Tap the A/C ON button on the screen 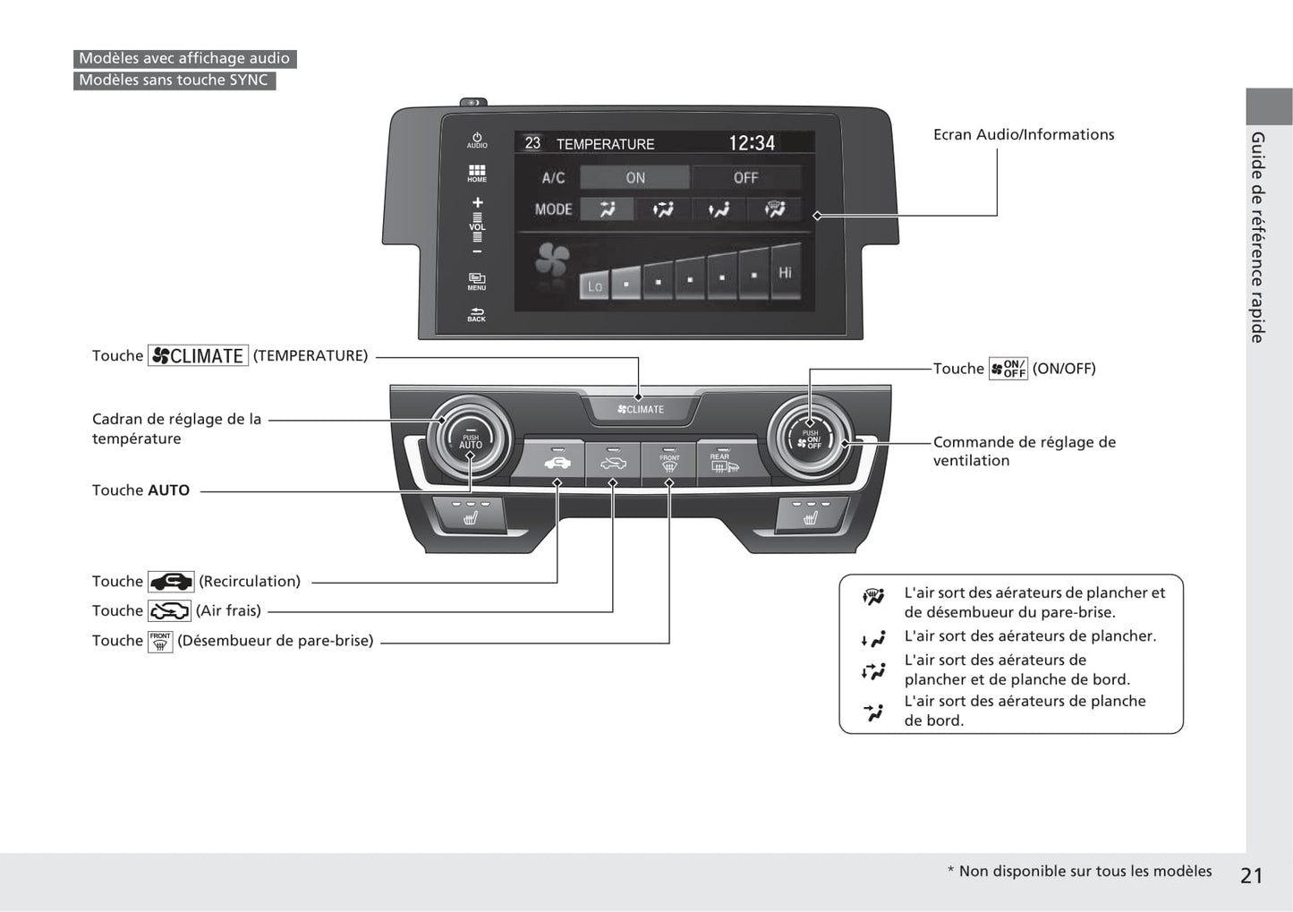pyautogui.click(x=634, y=177)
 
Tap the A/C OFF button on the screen pyautogui.click(x=745, y=177)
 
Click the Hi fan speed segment pyautogui.click(x=785, y=272)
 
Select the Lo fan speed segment pyautogui.click(x=594, y=286)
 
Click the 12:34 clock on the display pyautogui.click(x=752, y=143)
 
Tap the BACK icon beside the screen pyautogui.click(x=477, y=314)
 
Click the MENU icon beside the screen pyautogui.click(x=477, y=281)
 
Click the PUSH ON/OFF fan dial pyautogui.click(x=810, y=439)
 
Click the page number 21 pyautogui.click(x=1251, y=875)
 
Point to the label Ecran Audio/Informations pyautogui.click(x=1024, y=134)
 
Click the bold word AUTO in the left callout pyautogui.click(x=168, y=490)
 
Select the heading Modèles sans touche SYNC pyautogui.click(x=174, y=81)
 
